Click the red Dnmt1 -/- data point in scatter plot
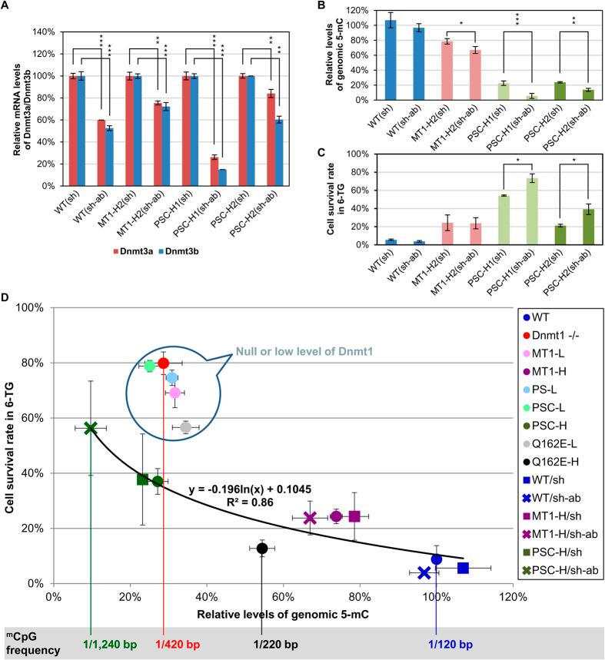[163, 363]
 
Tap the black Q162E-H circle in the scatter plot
[262, 548]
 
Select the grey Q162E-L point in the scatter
[185, 428]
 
